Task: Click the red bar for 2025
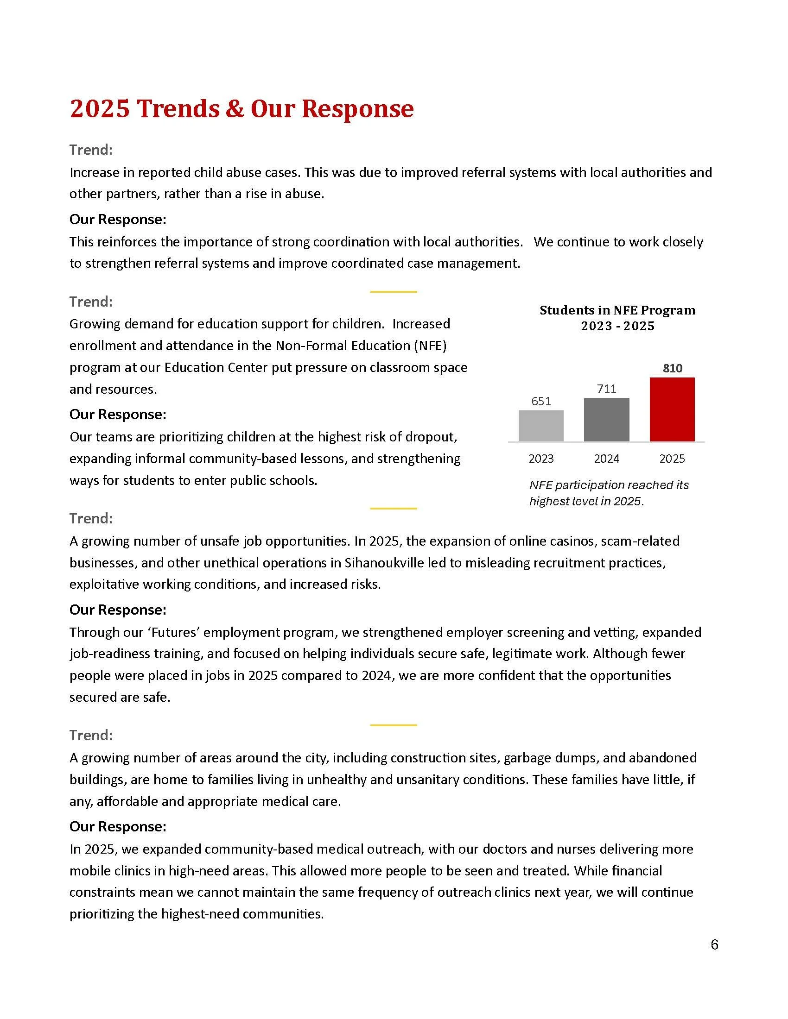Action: coord(672,409)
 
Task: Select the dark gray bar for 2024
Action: coord(606,420)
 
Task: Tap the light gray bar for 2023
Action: coord(541,426)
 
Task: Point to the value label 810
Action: coord(672,368)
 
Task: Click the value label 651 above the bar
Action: coord(541,401)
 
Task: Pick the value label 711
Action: coord(606,389)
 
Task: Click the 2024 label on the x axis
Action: coord(606,459)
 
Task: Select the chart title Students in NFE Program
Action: coord(617,310)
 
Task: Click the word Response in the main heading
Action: coord(357,109)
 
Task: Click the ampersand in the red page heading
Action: coord(235,109)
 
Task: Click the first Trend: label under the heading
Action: coord(91,150)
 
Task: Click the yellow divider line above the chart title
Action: coord(393,292)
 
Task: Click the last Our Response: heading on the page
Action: coord(118,826)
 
